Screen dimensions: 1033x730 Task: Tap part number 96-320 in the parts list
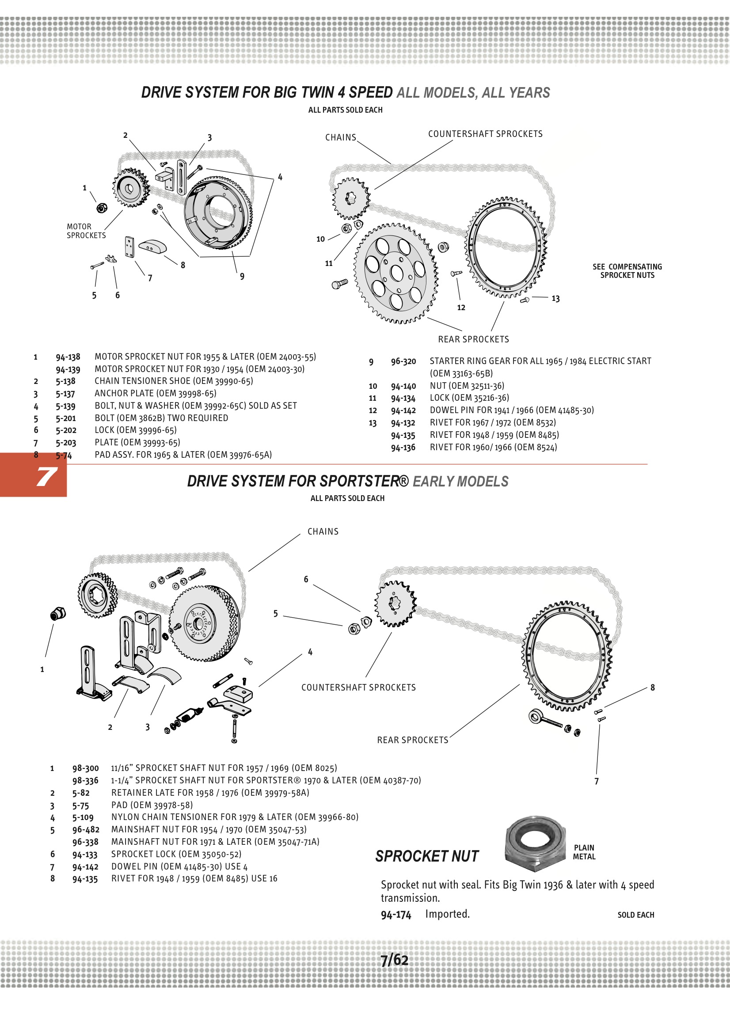[x=403, y=361]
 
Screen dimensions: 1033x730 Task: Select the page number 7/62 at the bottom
[x=394, y=960]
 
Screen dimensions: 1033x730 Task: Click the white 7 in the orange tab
[x=46, y=476]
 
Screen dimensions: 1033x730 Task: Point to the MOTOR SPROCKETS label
[x=86, y=231]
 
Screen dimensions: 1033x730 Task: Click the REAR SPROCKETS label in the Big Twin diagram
[x=473, y=339]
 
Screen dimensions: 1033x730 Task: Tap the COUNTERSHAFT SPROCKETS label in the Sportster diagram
[x=358, y=687]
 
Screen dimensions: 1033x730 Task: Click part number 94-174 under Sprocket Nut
[x=396, y=915]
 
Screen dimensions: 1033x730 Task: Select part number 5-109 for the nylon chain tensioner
[x=83, y=817]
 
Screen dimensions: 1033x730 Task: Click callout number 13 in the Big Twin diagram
[x=555, y=299]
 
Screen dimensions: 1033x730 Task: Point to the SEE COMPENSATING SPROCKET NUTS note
[x=627, y=271]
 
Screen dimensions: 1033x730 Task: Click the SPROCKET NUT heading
[x=427, y=856]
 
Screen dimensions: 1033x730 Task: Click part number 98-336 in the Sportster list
[x=85, y=780]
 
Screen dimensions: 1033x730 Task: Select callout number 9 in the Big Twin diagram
[x=242, y=276]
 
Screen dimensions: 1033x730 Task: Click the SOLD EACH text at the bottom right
[x=635, y=915]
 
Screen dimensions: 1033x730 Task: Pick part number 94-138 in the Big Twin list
[x=68, y=357]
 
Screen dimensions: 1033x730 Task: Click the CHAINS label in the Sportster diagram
[x=323, y=532]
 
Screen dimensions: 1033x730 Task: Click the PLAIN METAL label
[x=584, y=852]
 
